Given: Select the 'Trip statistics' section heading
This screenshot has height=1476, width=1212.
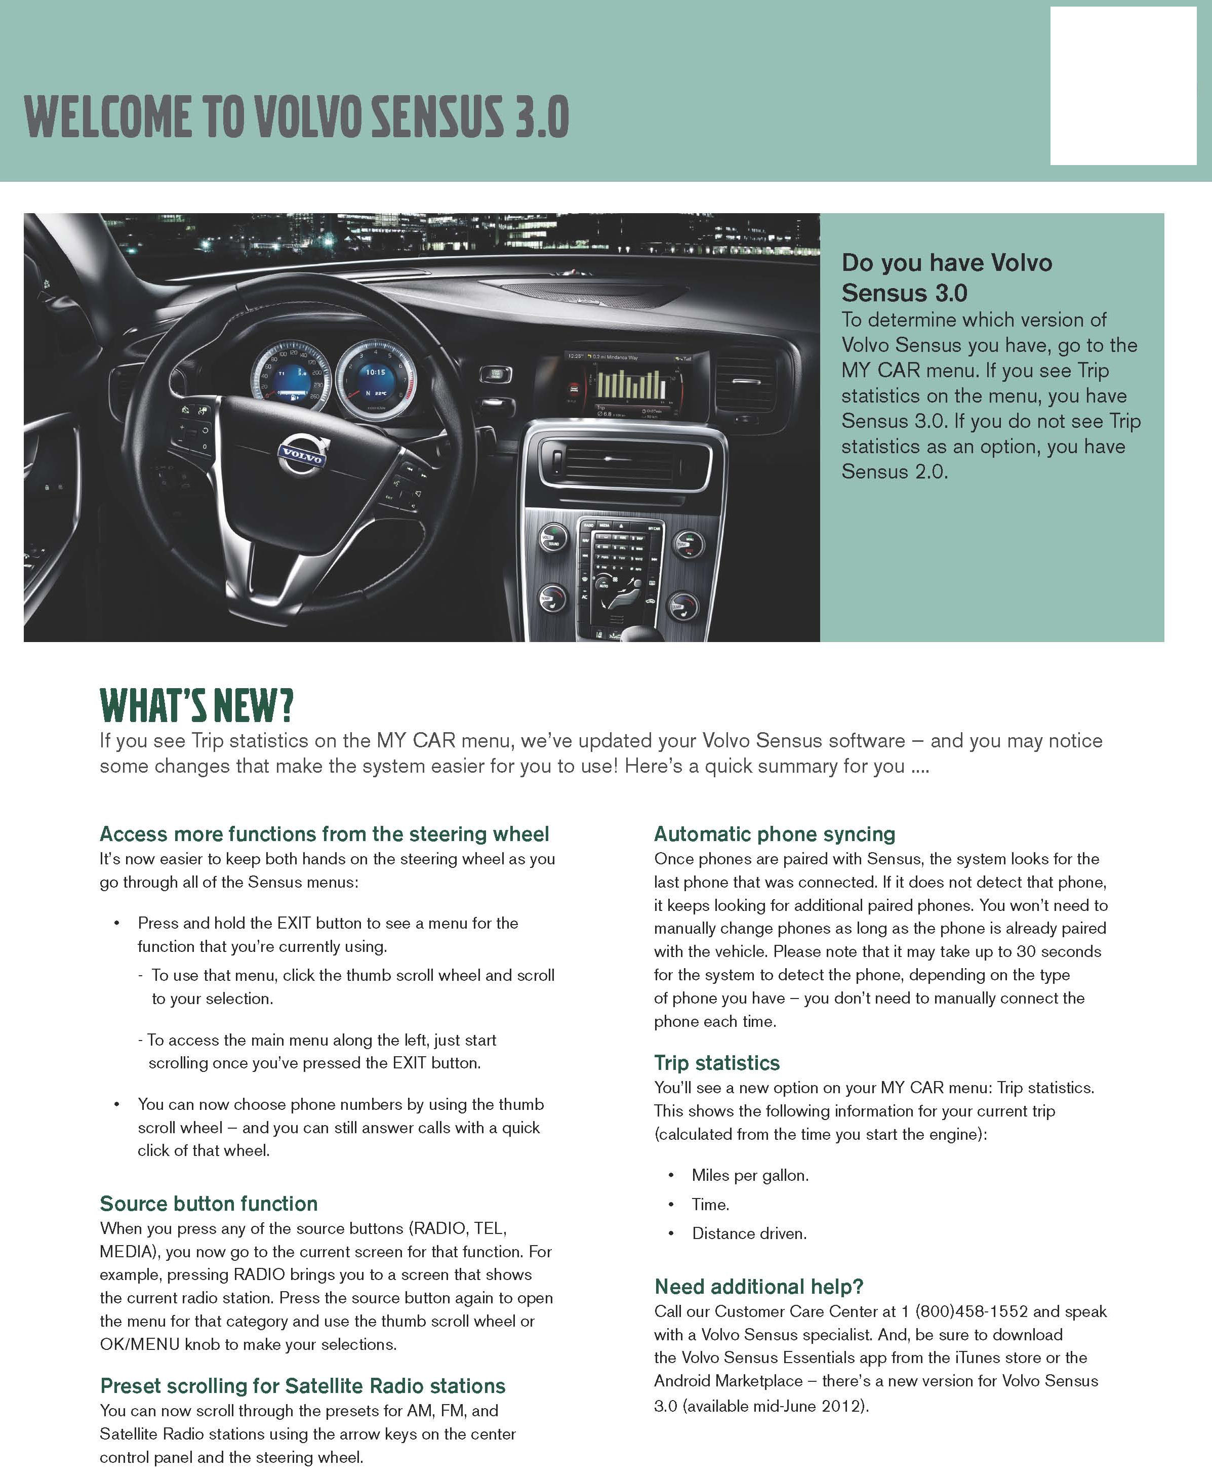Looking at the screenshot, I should coord(716,1063).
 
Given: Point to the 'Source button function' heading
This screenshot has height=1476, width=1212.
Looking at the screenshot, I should coord(209,1204).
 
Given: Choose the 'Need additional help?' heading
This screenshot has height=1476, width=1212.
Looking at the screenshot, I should coord(759,1287).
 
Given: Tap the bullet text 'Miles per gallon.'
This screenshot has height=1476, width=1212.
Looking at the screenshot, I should coord(750,1175).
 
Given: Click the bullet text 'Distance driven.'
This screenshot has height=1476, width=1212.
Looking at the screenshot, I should coord(749,1234).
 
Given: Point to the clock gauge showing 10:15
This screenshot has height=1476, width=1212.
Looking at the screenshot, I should coord(376,380).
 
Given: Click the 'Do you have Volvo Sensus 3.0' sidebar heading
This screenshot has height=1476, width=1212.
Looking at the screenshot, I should coord(946,277).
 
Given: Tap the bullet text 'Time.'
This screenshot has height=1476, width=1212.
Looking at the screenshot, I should coord(710,1205).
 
